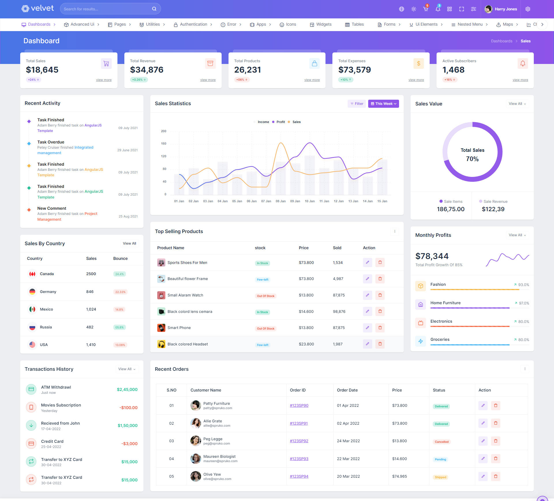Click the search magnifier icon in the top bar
pyautogui.click(x=154, y=9)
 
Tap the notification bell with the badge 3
pyautogui.click(x=438, y=9)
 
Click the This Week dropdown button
pyautogui.click(x=383, y=104)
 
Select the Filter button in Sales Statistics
pyautogui.click(x=357, y=104)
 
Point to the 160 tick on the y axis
pyautogui.click(x=164, y=144)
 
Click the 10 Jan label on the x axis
pyautogui.click(x=310, y=201)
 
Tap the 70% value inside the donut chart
pyautogui.click(x=472, y=159)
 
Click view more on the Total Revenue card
pyautogui.click(x=208, y=80)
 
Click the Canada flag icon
pyautogui.click(x=32, y=274)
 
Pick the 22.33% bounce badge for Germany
pyautogui.click(x=120, y=292)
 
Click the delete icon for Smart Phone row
pyautogui.click(x=380, y=328)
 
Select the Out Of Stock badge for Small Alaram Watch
pyautogui.click(x=265, y=296)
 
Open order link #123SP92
pyautogui.click(x=299, y=441)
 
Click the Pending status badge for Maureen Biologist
pyautogui.click(x=440, y=460)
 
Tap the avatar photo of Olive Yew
pyautogui.click(x=196, y=477)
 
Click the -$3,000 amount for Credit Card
pyautogui.click(x=129, y=444)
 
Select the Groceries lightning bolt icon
pyautogui.click(x=421, y=341)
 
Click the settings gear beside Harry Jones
pyautogui.click(x=528, y=9)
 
